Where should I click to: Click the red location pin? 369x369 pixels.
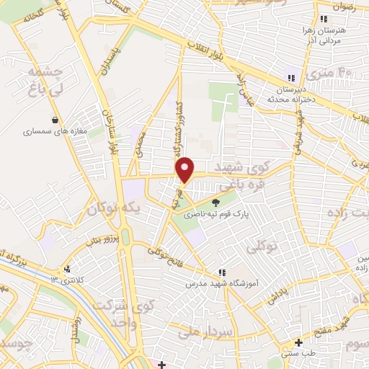click(186, 170)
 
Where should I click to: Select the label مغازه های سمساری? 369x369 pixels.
click(55, 132)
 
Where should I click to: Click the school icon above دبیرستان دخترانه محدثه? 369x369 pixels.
click(291, 78)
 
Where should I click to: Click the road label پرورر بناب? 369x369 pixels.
click(93, 241)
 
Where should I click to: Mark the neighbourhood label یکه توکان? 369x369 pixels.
click(112, 210)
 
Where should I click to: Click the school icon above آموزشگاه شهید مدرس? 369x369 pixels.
click(221, 273)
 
